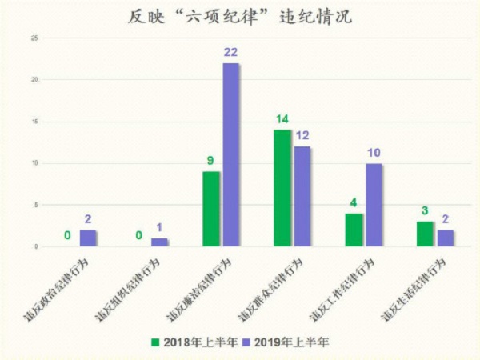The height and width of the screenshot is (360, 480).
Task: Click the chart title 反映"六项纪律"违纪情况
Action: [239, 17]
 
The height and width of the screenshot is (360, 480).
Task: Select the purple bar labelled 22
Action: [231, 154]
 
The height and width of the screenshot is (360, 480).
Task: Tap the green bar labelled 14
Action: [282, 188]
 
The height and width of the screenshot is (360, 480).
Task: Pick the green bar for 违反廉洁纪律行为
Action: [211, 209]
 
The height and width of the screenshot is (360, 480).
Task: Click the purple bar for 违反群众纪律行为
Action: [302, 196]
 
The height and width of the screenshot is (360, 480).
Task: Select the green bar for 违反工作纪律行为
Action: [354, 230]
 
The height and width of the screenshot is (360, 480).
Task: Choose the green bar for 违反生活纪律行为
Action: [425, 234]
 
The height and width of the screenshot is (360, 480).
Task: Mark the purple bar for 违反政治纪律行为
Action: [88, 238]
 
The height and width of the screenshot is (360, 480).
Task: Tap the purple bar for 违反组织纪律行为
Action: [159, 242]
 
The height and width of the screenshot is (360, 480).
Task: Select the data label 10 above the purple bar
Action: [374, 153]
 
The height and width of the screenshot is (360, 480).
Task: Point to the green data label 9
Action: [210, 160]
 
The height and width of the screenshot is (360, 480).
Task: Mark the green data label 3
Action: [425, 210]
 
